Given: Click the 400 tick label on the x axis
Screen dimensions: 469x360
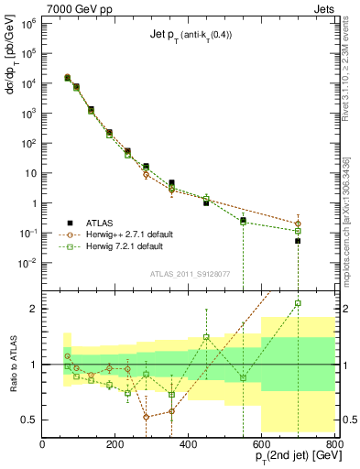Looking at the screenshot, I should click(189, 444).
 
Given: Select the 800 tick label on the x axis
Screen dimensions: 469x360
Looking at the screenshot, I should click(334, 444).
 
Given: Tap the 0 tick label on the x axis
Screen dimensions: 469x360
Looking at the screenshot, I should click(42, 444).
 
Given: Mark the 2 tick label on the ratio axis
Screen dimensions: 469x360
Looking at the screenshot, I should click(33, 309).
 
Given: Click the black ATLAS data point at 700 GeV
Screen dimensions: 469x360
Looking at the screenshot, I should click(298, 241).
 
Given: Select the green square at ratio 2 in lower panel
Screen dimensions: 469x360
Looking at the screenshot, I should click(298, 303).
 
